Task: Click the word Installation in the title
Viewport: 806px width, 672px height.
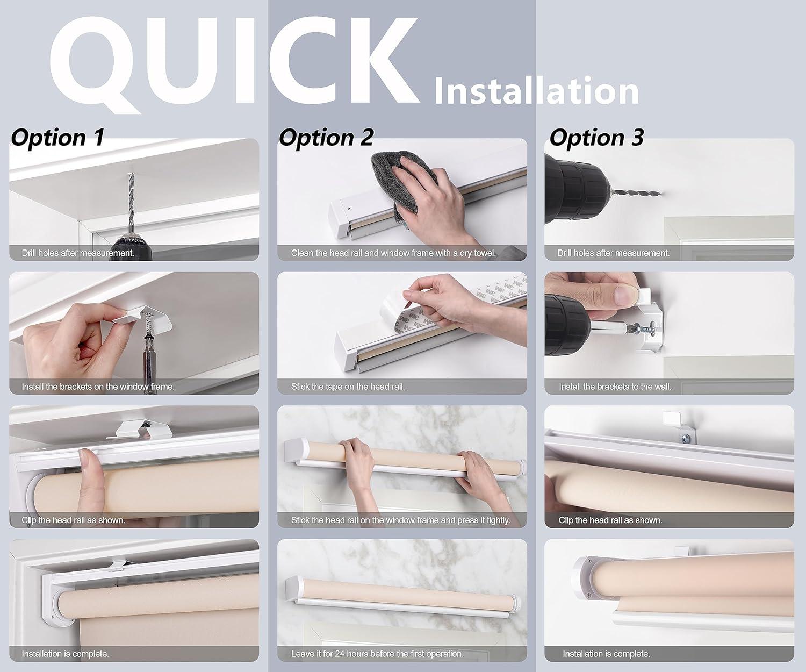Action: (x=536, y=91)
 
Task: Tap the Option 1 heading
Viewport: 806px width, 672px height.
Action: (x=57, y=138)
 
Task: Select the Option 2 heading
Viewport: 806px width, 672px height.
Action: (x=326, y=138)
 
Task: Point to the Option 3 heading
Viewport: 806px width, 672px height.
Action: (x=596, y=138)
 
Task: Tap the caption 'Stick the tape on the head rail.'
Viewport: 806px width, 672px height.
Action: (x=348, y=387)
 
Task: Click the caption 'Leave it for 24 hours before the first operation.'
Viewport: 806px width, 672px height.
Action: (x=377, y=654)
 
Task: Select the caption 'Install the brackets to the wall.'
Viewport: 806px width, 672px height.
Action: (x=615, y=387)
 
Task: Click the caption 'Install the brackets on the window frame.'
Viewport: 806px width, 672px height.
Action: (x=98, y=387)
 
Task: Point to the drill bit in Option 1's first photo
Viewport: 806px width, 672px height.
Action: (x=131, y=204)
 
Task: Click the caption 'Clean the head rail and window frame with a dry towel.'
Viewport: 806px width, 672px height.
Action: (x=393, y=253)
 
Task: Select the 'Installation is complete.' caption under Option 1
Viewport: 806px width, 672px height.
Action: (x=65, y=654)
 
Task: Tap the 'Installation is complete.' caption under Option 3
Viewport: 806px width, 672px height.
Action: (x=606, y=654)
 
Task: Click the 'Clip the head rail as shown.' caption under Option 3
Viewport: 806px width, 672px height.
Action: (x=610, y=520)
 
